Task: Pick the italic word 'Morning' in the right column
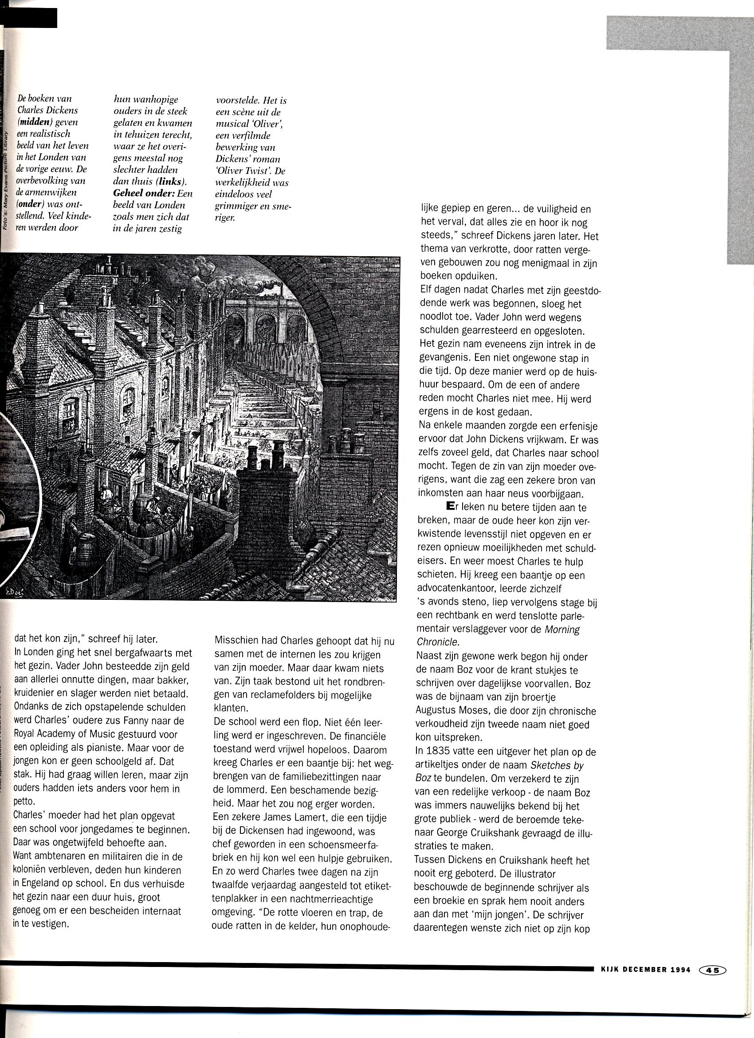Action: [562, 629]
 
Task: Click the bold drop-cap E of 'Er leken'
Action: [448, 507]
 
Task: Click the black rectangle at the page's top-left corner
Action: [28, 17]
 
